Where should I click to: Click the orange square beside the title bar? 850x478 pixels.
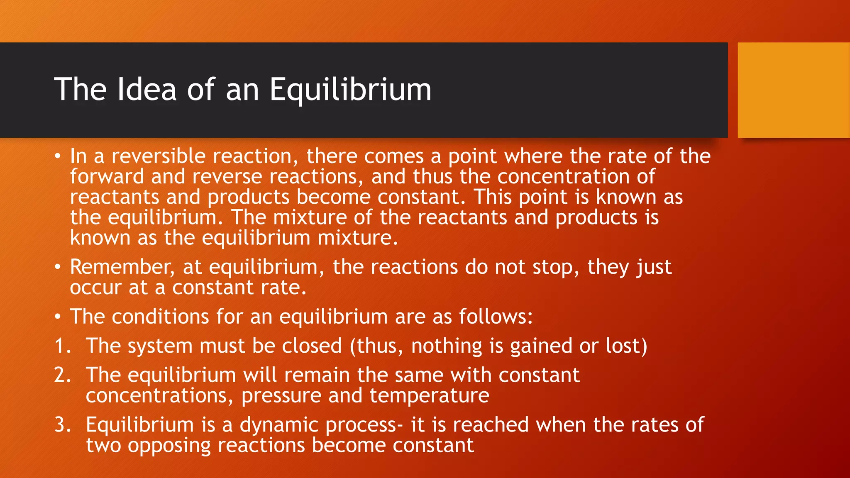[794, 90]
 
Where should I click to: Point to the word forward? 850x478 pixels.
[107, 176]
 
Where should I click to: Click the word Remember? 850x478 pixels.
[122, 267]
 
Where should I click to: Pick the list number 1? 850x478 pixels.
[62, 346]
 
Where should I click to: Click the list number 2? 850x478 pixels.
[62, 375]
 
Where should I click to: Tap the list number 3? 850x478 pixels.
[62, 425]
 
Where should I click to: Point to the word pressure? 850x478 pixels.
[281, 396]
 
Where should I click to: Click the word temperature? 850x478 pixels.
[429, 396]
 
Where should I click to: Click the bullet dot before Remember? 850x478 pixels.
[58, 267]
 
